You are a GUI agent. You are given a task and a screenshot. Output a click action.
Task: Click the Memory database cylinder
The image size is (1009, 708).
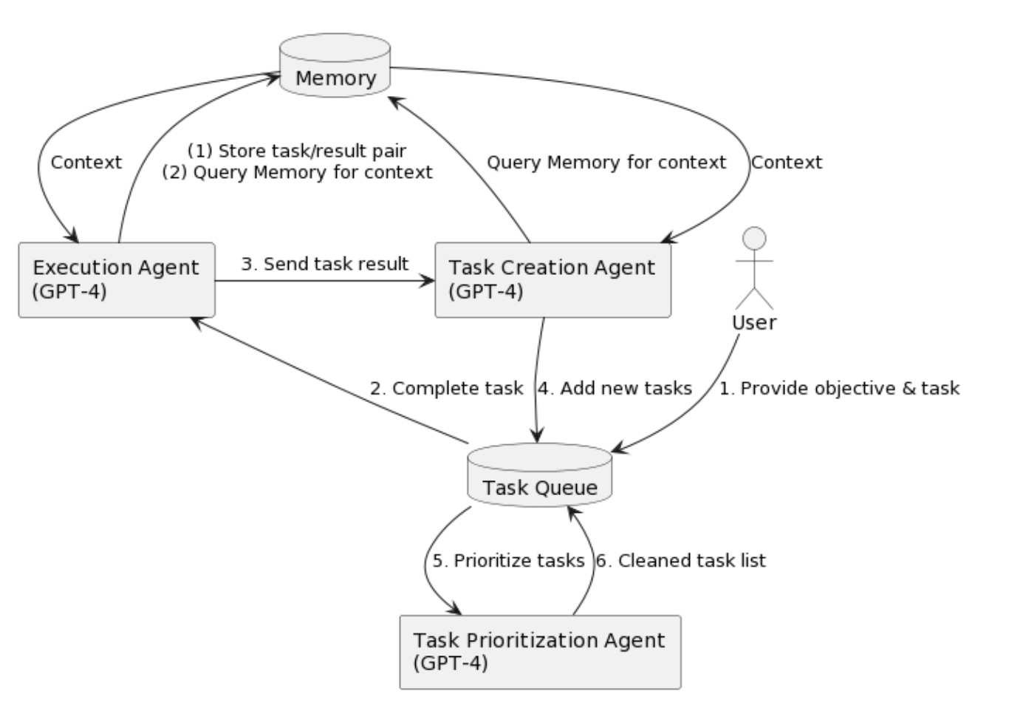tap(335, 65)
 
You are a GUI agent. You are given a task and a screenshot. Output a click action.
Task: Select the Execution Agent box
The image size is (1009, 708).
tap(117, 280)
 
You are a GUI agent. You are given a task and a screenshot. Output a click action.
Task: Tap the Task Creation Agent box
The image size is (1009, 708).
tap(553, 280)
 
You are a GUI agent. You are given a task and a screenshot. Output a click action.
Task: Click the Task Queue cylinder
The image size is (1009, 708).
tap(540, 475)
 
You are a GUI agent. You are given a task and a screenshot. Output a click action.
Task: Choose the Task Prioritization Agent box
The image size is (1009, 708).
tap(540, 652)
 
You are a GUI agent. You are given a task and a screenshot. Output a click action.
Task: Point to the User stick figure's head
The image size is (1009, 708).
tap(754, 238)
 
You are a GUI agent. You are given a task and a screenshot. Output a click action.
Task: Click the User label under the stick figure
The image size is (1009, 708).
tap(754, 323)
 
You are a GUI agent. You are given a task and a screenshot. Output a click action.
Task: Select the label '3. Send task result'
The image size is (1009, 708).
tap(325, 264)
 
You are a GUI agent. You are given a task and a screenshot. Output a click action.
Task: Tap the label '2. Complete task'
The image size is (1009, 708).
tap(446, 388)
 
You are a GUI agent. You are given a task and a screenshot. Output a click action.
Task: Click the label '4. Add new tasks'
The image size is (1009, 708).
tap(615, 388)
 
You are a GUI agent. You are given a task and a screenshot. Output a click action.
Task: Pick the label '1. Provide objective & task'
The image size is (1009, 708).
tap(839, 388)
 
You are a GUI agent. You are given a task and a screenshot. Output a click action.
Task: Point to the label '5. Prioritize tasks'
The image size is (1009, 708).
tap(508, 561)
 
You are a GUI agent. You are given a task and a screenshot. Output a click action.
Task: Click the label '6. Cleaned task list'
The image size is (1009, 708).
tap(681, 561)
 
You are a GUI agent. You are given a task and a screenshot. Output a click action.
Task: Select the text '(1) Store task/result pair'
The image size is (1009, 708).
tap(297, 151)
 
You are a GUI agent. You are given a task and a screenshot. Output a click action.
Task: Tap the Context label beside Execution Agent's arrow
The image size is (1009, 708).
tap(86, 163)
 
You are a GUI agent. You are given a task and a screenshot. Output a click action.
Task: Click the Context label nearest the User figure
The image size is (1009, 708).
tap(787, 163)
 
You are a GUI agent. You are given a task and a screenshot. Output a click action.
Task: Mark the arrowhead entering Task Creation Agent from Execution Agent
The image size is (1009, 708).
tap(427, 282)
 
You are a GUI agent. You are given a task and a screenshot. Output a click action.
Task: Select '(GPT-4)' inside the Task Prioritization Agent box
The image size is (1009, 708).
tap(451, 663)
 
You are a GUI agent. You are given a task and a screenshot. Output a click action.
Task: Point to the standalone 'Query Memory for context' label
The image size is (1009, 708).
tap(606, 163)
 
